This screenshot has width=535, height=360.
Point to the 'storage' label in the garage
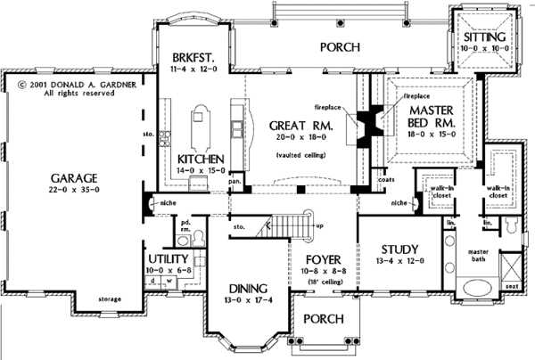pos(109,299)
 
